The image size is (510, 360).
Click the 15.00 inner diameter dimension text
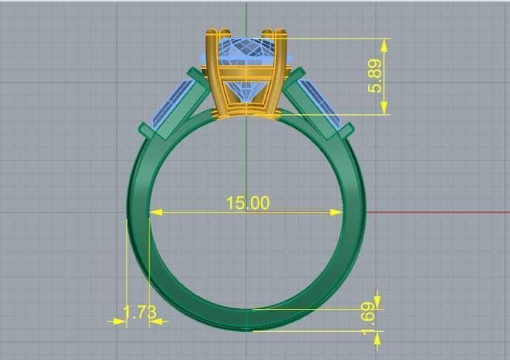tap(247, 202)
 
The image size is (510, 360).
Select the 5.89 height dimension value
tap(375, 76)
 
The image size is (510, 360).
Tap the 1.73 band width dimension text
tap(139, 312)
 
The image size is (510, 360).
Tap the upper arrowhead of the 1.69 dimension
tap(378, 301)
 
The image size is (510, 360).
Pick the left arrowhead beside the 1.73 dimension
tap(118, 321)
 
